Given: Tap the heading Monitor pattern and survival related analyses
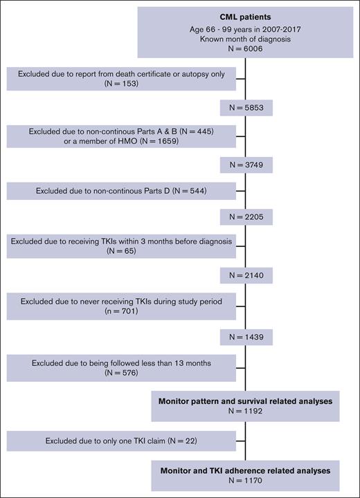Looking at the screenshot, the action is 246,400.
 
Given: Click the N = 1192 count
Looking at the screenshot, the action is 246,411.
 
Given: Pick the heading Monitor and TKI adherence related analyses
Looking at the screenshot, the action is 246,470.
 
